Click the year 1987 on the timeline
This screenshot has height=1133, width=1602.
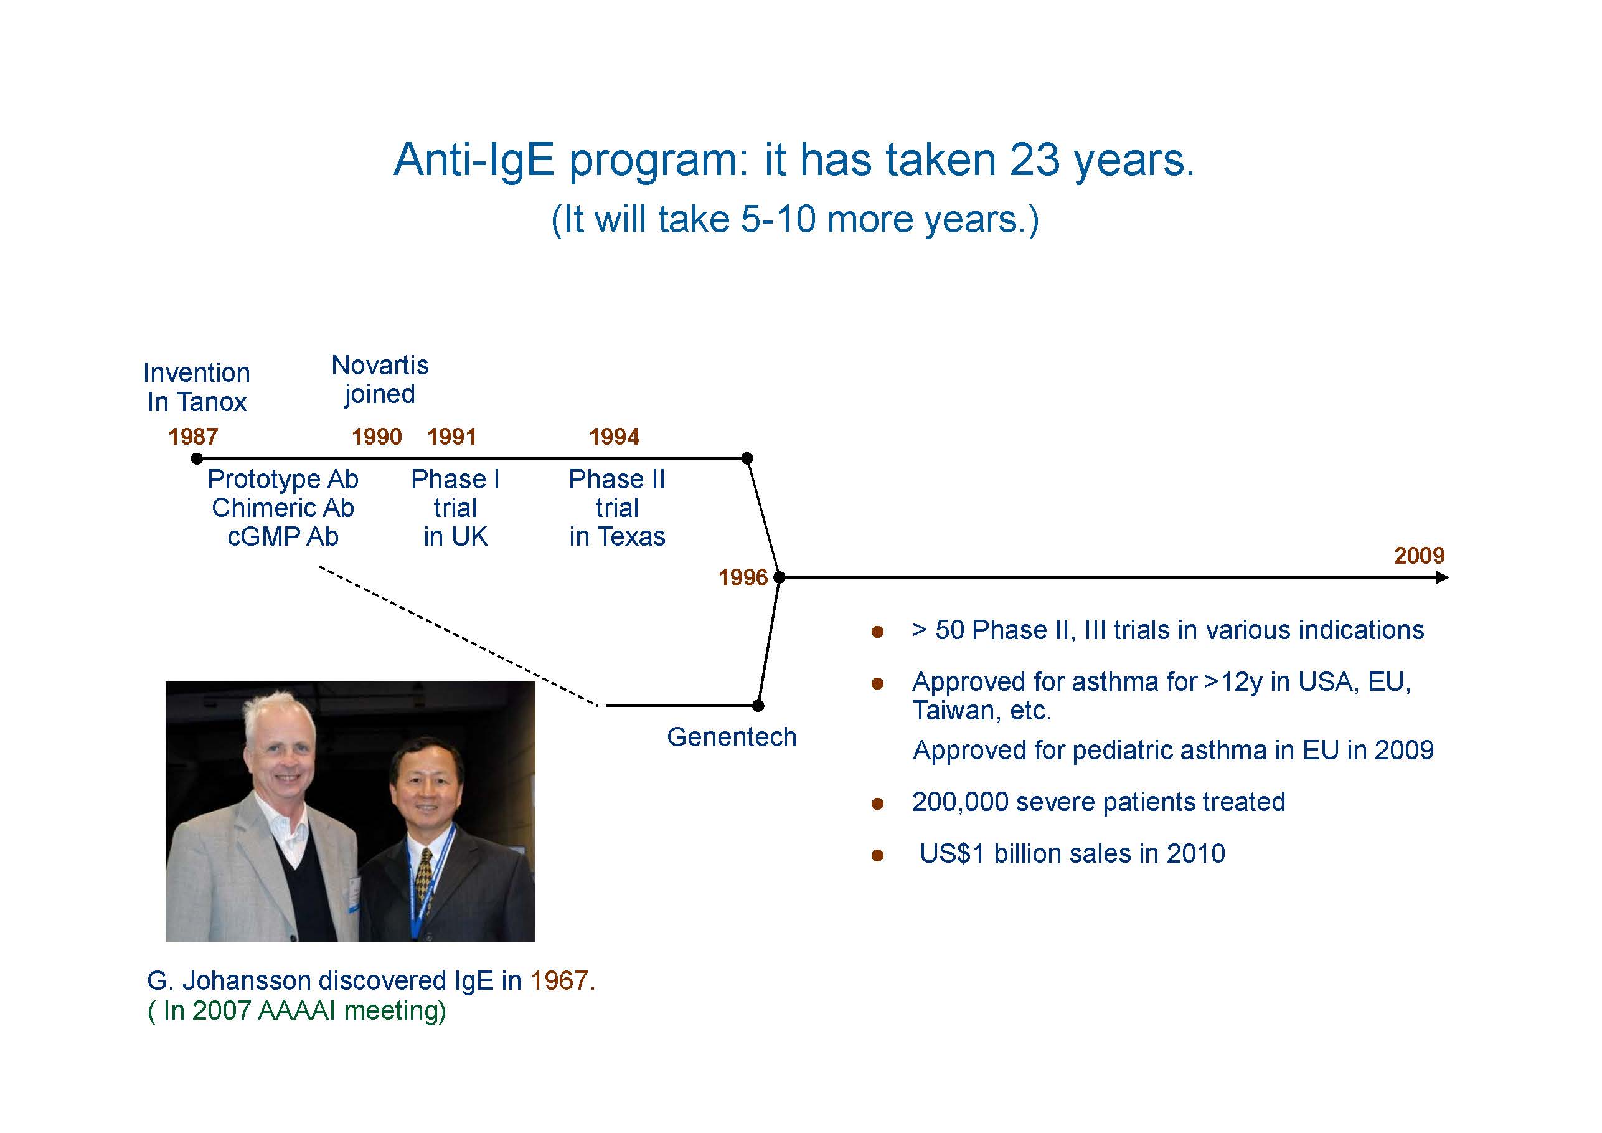[193, 437]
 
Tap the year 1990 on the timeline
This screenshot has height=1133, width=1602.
[377, 437]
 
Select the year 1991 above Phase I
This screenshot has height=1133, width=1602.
[452, 437]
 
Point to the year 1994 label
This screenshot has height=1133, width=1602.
[614, 437]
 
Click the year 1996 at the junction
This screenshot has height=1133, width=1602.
[743, 577]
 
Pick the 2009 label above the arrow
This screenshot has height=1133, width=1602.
[1419, 556]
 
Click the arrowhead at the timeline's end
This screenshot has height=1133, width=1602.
[1443, 577]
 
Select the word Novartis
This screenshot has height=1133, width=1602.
[380, 365]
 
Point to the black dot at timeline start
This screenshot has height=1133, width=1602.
[197, 458]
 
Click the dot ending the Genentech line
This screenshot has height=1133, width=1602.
[758, 706]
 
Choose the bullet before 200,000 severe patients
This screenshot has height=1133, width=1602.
[878, 804]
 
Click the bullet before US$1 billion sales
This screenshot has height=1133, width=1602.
[878, 856]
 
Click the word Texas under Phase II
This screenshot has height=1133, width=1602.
[631, 537]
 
